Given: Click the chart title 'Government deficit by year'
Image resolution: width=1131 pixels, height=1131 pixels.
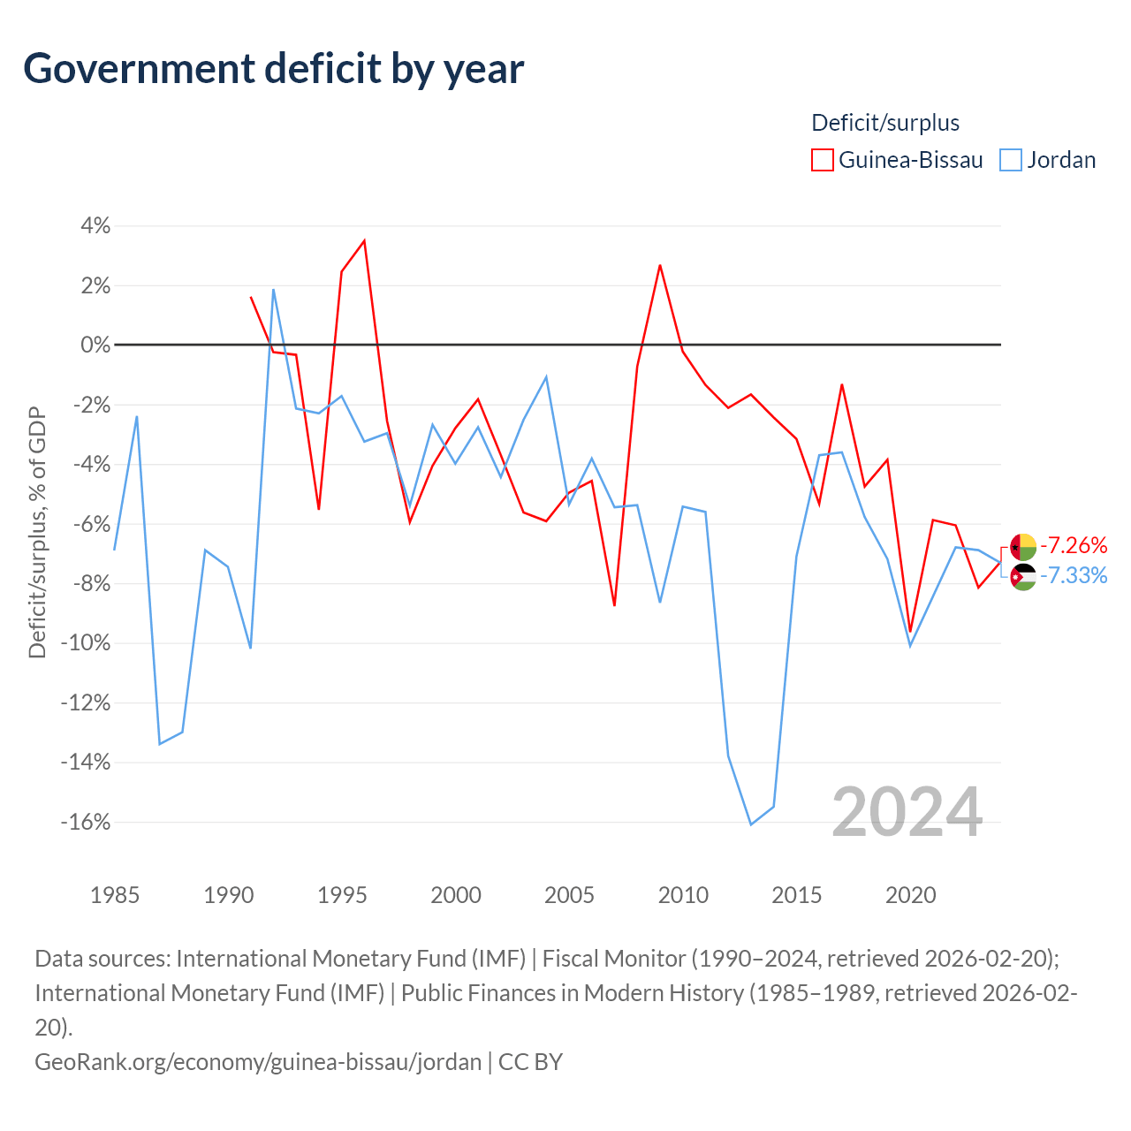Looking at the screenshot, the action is click(x=273, y=69).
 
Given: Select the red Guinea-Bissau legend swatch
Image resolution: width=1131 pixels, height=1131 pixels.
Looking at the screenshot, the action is click(x=822, y=160).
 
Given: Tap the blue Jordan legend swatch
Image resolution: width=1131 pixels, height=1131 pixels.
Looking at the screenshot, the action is click(x=1010, y=160).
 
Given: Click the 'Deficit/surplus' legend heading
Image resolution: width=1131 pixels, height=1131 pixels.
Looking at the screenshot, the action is click(x=885, y=123).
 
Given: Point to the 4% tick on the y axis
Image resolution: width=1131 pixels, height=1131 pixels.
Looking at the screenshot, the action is click(x=95, y=225).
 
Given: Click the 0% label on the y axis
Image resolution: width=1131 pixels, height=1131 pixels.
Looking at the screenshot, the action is click(x=95, y=345).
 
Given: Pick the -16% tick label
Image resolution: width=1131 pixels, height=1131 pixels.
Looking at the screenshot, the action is click(x=86, y=822).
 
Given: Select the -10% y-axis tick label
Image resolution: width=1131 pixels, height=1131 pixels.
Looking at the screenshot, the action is click(x=86, y=642).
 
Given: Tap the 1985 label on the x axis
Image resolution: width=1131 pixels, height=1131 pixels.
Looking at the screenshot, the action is click(x=115, y=896).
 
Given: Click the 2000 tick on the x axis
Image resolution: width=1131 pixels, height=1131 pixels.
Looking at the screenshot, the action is click(x=455, y=896).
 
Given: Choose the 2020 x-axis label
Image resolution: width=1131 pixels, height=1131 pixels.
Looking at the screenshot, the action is click(x=910, y=896).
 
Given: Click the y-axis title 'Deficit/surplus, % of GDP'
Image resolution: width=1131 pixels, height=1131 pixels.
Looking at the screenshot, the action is click(x=37, y=532).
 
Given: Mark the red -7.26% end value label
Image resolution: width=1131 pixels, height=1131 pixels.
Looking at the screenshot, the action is click(x=1074, y=545).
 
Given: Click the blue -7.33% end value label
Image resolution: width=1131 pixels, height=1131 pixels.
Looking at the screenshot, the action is click(x=1074, y=575).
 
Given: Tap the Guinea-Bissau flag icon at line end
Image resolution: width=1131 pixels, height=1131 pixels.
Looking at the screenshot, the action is click(x=1023, y=547).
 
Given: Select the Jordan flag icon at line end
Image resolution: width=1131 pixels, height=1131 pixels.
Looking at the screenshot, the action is click(x=1023, y=577).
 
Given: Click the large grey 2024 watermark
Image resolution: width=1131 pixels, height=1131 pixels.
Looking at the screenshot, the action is click(x=907, y=812).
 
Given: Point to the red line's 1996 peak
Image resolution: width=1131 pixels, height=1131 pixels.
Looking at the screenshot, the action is click(x=364, y=240).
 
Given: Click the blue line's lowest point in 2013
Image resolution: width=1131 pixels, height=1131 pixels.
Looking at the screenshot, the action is click(x=751, y=824).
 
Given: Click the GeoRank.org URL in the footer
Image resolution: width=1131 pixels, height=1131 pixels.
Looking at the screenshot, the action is click(x=258, y=1062).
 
